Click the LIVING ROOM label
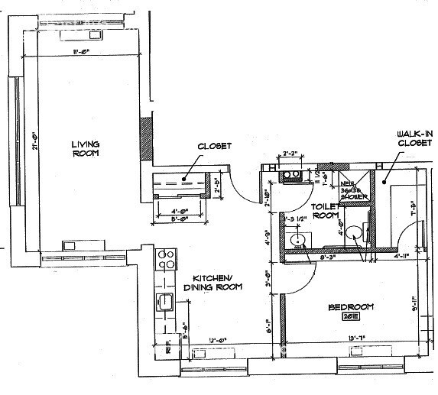pyautogui.click(x=86, y=148)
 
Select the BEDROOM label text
pyautogui.click(x=351, y=307)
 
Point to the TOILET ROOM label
pyautogui.click(x=323, y=211)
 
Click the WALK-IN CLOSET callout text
pyautogui.click(x=414, y=138)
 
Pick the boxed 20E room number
pyautogui.click(x=351, y=317)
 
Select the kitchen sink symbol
pyautogui.click(x=164, y=303)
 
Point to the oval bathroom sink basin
pyautogui.click(x=298, y=240)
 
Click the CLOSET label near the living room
pyautogui.click(x=214, y=146)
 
